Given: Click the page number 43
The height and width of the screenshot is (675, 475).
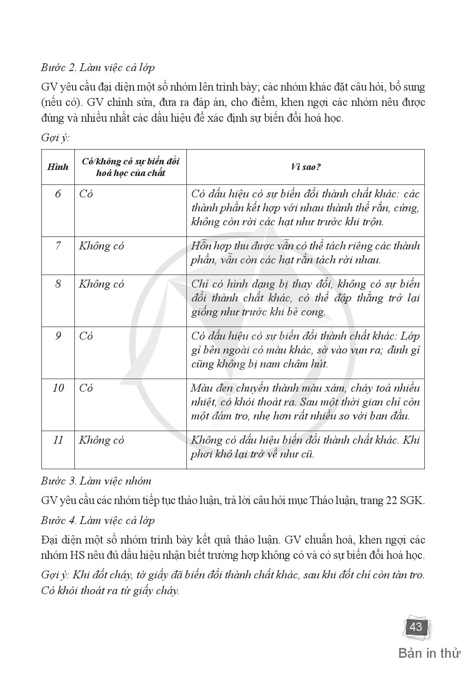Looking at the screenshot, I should pos(415,627).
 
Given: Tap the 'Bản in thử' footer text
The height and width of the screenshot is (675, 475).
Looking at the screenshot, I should pos(429,653).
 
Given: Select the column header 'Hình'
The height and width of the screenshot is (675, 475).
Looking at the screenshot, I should pos(58,167).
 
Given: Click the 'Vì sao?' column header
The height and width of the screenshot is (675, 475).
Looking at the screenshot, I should pos(305,167).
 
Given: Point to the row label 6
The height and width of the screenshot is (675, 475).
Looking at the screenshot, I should pos(58,194).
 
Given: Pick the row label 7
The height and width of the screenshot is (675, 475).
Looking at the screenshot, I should pos(58,246).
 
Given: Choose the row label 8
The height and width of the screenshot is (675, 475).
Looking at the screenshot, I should pos(58,284).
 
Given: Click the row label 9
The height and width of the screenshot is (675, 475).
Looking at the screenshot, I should pos(58,336).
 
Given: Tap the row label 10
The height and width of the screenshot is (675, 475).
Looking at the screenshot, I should pos(58,388).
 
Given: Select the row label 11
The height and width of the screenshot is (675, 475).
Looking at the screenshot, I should pos(58,440).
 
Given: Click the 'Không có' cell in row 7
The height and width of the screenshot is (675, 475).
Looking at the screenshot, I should pos(101,246).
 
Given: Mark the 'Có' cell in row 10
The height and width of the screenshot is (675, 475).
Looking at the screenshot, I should pos(86,388).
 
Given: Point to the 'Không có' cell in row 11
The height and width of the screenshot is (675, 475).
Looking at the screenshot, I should pos(101,440).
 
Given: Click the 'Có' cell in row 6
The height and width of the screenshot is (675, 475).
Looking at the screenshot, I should pos(86,194).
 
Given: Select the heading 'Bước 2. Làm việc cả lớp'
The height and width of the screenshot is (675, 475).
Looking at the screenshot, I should pos(98,67).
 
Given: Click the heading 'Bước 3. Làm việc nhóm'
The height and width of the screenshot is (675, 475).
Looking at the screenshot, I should pos(96,481).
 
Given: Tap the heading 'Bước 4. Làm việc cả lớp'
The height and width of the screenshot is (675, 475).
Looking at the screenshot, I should pos(98,520).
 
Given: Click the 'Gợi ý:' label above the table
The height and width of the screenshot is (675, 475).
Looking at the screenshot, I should pos(55,138).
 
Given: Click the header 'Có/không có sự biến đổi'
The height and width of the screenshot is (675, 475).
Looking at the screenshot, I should pos(131,162).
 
